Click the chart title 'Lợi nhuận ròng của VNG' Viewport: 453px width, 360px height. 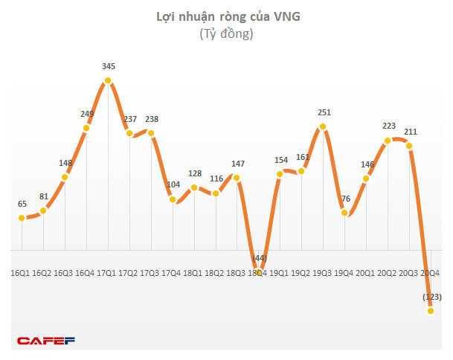(x=226, y=16)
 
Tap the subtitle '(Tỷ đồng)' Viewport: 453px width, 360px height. (x=226, y=33)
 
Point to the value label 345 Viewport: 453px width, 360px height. (x=109, y=67)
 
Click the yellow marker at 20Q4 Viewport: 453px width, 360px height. (x=431, y=311)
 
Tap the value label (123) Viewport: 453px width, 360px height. (x=431, y=298)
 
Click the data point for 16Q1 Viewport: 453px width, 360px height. (x=22, y=218)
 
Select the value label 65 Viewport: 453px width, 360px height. (x=22, y=203)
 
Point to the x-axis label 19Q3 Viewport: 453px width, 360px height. (x=322, y=274)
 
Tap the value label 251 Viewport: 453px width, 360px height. (x=323, y=113)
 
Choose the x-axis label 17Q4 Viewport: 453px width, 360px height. (x=172, y=274)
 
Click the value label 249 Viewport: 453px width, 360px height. (x=87, y=114)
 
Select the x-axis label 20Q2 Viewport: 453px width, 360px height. (x=386, y=274)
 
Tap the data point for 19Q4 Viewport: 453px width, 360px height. (x=344, y=213)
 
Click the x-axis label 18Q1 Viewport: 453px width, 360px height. (x=193, y=274)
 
